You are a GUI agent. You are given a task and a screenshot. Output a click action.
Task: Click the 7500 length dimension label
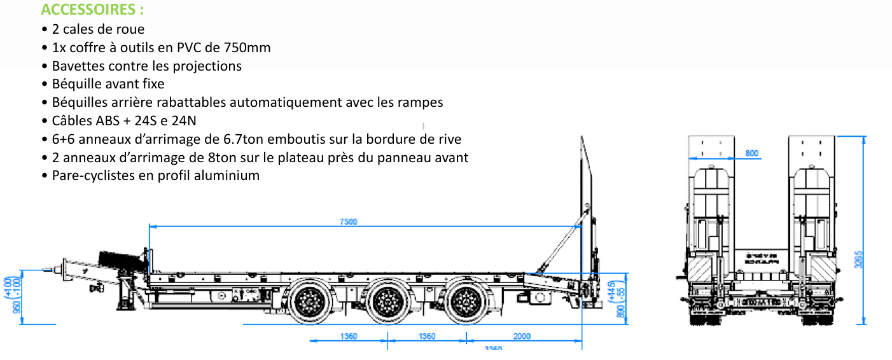click(348, 221)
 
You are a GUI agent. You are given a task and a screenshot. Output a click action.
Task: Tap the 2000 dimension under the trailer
click(521, 336)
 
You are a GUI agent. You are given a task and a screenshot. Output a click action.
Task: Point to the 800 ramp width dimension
click(751, 153)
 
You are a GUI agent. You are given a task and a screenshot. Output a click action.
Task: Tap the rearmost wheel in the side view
click(466, 301)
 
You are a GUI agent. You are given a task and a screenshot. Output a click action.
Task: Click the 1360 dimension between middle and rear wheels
click(427, 336)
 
